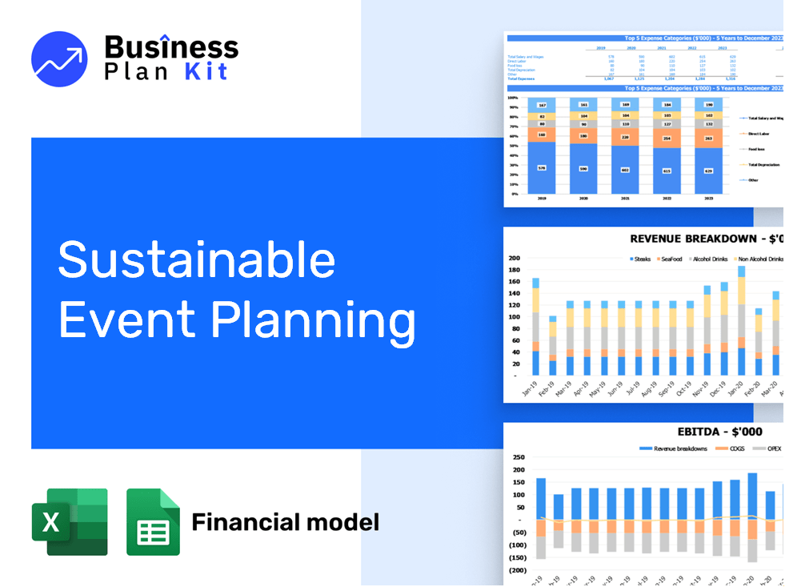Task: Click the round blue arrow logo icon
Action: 59,58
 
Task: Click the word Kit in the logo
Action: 206,71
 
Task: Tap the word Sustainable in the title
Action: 197,259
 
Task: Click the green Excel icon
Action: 70,521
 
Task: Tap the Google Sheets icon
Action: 153,521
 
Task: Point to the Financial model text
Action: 285,523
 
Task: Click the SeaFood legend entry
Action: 668,259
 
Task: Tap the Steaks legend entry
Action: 641,259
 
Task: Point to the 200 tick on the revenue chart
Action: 514,258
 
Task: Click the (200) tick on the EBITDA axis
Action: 516,570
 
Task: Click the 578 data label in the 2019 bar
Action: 541,167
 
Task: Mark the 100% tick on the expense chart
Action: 513,98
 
